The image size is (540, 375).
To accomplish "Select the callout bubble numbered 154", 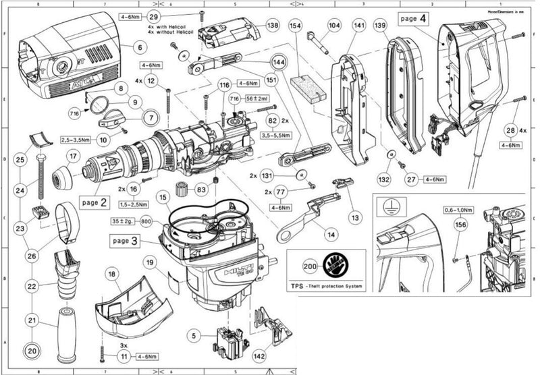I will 295,25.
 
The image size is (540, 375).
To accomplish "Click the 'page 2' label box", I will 94,202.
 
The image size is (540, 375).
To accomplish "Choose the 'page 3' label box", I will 126,239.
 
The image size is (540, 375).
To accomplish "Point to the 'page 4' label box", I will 412,18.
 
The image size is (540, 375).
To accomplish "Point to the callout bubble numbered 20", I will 31,350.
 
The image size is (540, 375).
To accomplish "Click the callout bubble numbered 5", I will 195,333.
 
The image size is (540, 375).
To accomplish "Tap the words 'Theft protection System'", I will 336,287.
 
